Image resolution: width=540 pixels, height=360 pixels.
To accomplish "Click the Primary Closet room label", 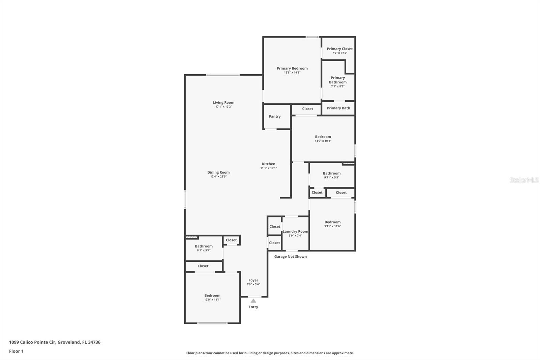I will coord(340,49).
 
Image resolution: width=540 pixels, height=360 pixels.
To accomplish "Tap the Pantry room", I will coord(275,117).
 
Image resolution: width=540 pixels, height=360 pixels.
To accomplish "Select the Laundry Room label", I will coord(295,231).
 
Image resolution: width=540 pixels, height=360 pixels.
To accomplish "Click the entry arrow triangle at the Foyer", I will coord(253,301).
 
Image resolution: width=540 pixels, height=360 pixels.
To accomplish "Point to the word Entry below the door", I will coord(253,307).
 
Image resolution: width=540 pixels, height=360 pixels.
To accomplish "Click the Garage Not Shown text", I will coord(290,257).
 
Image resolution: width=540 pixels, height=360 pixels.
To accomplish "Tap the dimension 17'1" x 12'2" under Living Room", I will coord(223,107).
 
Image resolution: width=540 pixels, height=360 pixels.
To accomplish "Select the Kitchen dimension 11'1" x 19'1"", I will coord(268,168).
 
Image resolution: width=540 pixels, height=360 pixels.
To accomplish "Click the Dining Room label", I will coord(218,172).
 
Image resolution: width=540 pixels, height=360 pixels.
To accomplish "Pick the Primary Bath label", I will coord(338,108).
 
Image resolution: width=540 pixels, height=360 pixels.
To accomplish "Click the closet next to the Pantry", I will coord(307,109).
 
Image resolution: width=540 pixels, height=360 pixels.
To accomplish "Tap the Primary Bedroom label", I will coord(292,68).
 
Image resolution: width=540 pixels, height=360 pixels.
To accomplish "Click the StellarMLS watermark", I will coord(524,180).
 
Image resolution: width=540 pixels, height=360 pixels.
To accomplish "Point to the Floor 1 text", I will coord(16,351).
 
